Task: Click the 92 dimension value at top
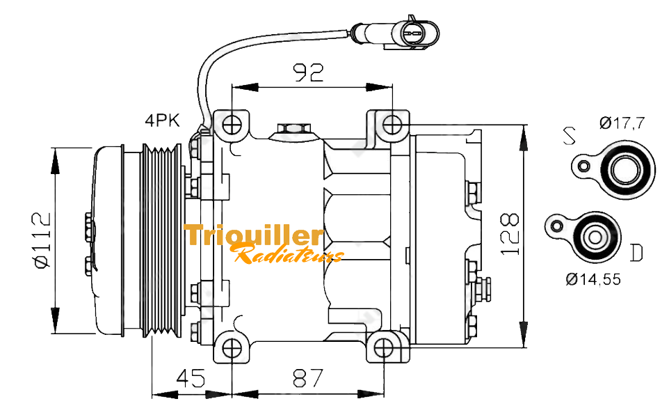[x=309, y=72]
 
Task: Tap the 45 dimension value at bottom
[x=191, y=378]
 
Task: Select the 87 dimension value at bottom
[x=308, y=378]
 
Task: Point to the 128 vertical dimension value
[x=510, y=234]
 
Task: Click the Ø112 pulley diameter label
[x=43, y=240]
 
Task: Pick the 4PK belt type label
[x=162, y=120]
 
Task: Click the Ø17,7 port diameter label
[x=622, y=123]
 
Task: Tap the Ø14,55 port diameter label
[x=593, y=279]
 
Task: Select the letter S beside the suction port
[x=569, y=136]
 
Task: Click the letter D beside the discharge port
[x=636, y=253]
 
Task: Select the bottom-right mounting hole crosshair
[x=384, y=348]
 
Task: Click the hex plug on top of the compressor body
[x=293, y=128]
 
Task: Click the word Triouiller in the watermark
[x=255, y=236]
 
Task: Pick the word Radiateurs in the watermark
[x=289, y=253]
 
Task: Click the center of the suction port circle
[x=626, y=169]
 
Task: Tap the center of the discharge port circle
[x=595, y=237]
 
